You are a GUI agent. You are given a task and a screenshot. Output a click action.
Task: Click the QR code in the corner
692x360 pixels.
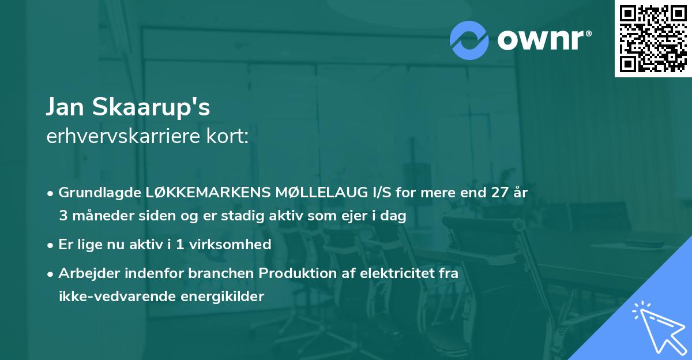click(x=653, y=38)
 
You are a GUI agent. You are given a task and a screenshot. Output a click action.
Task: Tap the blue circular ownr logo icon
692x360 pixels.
click(x=469, y=40)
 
